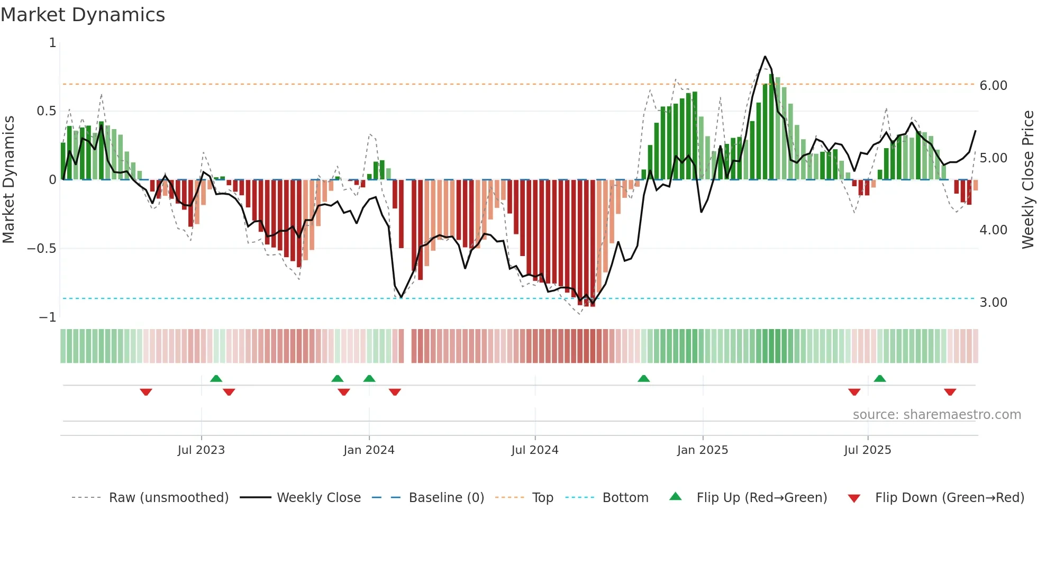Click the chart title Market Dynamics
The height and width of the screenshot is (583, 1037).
click(x=83, y=15)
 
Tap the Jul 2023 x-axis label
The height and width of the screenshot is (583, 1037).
click(x=201, y=450)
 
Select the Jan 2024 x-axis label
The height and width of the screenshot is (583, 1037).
click(x=369, y=450)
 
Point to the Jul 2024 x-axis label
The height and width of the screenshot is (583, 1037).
click(x=535, y=450)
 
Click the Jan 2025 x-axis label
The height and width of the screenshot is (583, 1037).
click(x=703, y=450)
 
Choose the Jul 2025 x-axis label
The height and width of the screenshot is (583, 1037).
click(x=868, y=450)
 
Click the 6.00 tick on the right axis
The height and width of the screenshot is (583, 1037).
click(x=993, y=86)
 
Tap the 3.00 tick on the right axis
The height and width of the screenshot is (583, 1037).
click(x=993, y=303)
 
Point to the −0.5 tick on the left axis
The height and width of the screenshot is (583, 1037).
click(x=42, y=249)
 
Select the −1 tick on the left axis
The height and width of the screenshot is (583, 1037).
click(x=48, y=317)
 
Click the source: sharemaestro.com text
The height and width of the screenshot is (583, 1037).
click(x=936, y=415)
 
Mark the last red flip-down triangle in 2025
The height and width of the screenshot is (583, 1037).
click(x=950, y=392)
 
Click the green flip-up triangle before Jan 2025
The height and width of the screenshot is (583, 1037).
click(x=643, y=378)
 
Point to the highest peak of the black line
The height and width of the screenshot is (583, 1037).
click(x=765, y=57)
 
